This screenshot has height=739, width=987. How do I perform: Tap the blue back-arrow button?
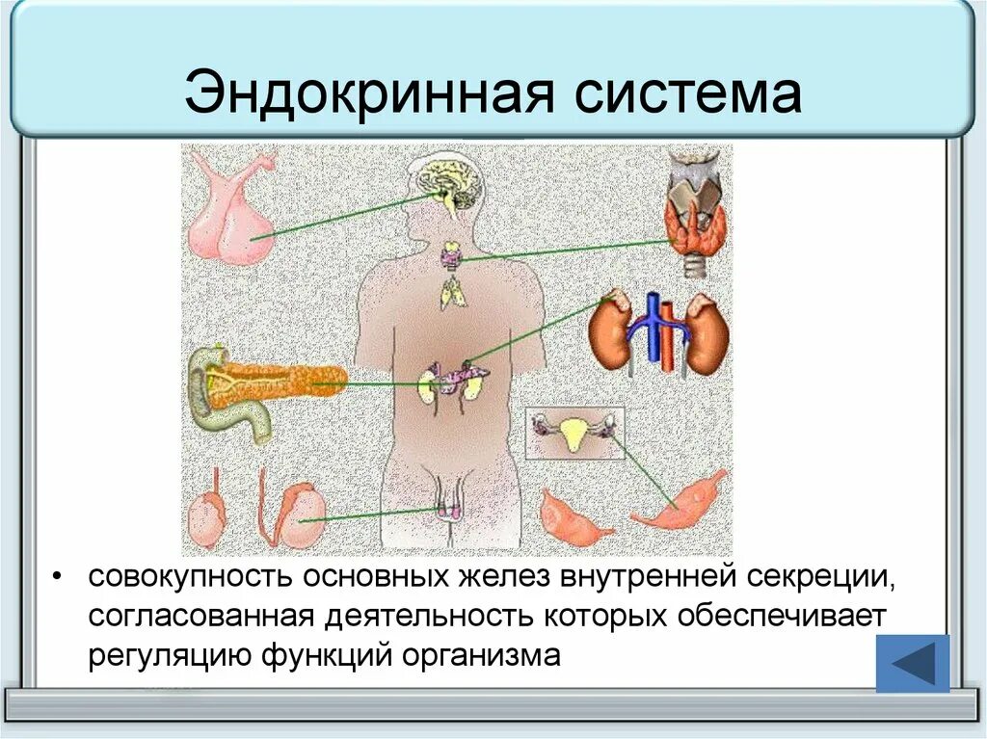tap(912, 663)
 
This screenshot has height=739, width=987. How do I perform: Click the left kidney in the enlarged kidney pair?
tap(611, 333)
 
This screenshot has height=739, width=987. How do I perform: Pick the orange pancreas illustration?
tap(284, 381)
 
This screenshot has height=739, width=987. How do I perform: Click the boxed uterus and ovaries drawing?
tap(574, 434)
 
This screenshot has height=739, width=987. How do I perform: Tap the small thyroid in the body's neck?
tap(451, 257)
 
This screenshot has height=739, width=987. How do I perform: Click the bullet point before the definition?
tap(60, 577)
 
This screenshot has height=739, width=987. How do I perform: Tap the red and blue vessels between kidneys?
tap(660, 332)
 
